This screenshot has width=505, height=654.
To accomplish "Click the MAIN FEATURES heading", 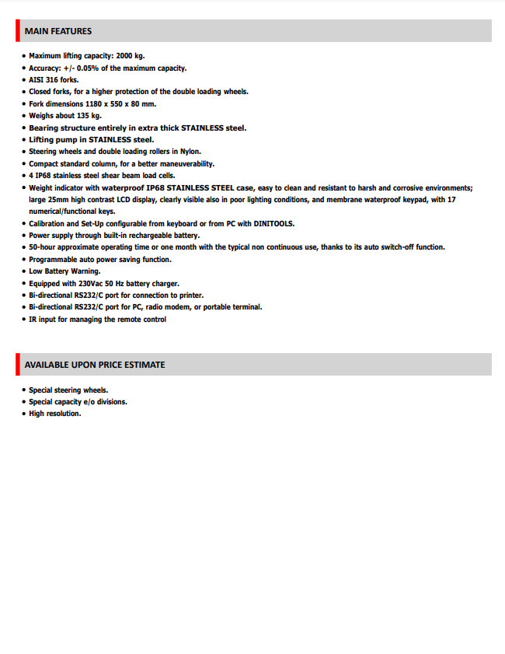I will (x=58, y=31).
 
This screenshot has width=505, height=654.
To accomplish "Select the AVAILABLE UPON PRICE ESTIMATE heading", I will (x=95, y=365).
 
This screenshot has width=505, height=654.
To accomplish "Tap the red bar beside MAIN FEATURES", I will (x=18, y=31).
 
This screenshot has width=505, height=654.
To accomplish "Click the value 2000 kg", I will (x=130, y=56).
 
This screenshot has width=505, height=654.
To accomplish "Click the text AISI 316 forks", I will (x=54, y=80).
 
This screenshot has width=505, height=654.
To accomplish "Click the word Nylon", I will (x=190, y=152).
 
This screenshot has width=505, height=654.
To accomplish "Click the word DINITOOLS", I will (x=271, y=223).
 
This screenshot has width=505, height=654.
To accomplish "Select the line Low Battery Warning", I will (x=64, y=271).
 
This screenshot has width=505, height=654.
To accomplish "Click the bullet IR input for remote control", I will (x=97, y=319).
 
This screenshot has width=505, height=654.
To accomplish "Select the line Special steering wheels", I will (x=68, y=390).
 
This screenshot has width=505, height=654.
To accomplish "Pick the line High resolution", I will (x=55, y=414).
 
